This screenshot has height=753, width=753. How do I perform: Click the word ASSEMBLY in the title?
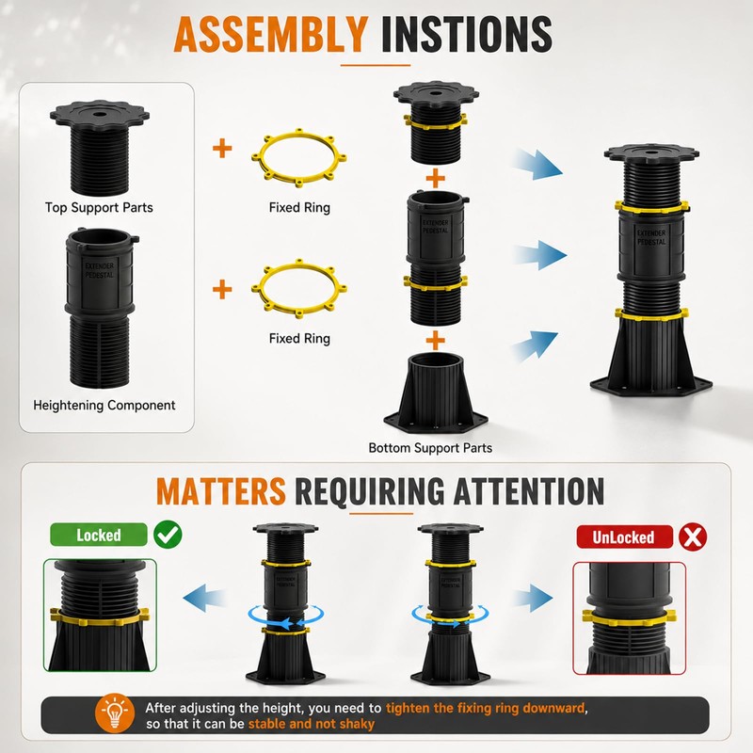pos(271,34)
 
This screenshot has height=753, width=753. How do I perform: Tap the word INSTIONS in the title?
pos(466,34)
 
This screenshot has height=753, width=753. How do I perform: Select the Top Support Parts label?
pos(99,207)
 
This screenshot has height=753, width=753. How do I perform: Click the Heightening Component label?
pos(104,406)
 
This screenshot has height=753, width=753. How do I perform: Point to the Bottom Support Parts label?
pos(430,448)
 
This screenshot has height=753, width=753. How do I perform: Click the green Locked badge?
pos(99,535)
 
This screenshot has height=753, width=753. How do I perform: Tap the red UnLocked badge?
pos(624,537)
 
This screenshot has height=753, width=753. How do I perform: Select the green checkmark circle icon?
pos(168,534)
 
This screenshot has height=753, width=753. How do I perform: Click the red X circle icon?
pos(693,537)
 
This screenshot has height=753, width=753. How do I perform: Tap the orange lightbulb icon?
pos(114,713)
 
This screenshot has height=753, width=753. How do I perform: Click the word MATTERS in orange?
pos(221,490)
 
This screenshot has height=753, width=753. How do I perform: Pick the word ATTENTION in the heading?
pos(529,490)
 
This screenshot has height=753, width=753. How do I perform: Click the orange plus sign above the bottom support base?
pos(436,341)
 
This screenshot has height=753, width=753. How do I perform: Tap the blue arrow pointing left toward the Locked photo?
pos(204,598)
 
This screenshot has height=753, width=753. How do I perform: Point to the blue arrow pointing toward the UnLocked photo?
pos(533,598)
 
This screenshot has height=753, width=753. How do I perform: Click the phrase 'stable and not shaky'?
pos(312,724)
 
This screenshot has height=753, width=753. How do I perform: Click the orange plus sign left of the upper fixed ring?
pos(222,148)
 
